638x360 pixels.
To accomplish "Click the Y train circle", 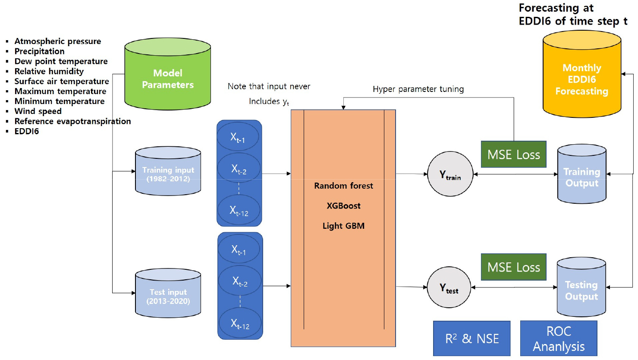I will coord(450,174).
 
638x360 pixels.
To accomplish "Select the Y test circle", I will coord(449,287).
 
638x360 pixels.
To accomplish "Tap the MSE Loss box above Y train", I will coord(513,155).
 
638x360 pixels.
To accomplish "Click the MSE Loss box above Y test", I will coord(513,267).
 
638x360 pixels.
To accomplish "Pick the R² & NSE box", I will coord(471,338).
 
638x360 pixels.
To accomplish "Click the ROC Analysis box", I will coord(559,338).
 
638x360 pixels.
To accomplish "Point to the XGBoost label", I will coord(343,206).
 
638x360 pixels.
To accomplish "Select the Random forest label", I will coord(343,186).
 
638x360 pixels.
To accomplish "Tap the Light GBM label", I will coord(343,226).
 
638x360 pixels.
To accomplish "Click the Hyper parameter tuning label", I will coord(418,89).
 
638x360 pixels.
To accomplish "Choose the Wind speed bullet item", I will coord(38,111).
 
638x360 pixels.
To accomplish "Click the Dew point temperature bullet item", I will coord(61,61).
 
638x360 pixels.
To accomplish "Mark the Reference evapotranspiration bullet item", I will coord(72,121).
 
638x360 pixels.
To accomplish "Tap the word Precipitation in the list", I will coord(39,51).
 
